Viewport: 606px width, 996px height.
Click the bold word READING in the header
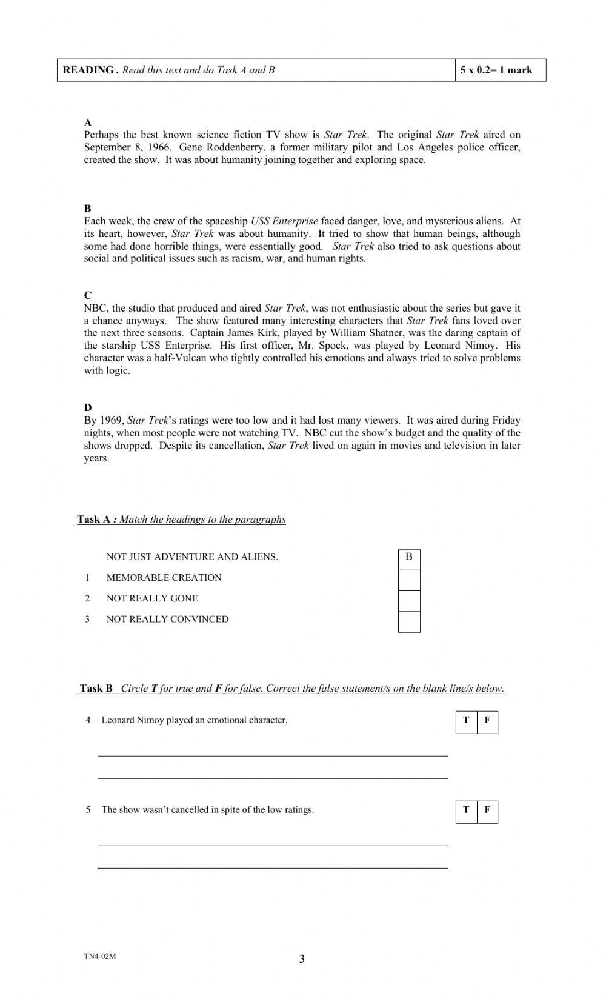point(88,70)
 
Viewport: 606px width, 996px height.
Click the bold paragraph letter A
point(88,122)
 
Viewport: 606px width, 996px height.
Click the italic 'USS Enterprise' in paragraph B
point(284,221)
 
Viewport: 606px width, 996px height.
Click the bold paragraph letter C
point(88,295)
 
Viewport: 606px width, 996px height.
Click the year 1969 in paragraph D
point(112,420)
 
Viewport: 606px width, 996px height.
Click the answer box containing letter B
point(409,557)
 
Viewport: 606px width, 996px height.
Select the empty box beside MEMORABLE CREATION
point(409,580)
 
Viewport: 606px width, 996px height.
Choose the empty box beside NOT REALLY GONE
point(409,601)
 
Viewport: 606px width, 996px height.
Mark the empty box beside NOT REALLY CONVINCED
point(409,622)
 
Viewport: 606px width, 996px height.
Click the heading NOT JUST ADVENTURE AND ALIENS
point(192,557)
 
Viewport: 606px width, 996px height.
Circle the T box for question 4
point(466,721)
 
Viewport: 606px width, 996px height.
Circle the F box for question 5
point(487,811)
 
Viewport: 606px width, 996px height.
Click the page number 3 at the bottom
point(302,959)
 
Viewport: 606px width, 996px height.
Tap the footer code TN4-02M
point(100,957)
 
